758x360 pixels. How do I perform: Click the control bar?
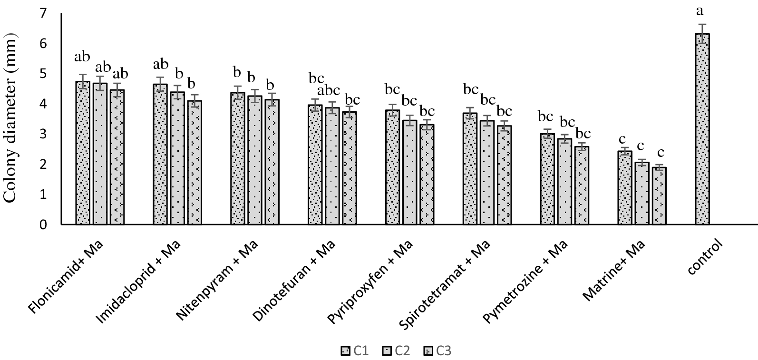click(702, 129)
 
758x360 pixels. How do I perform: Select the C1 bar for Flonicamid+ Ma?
click(83, 153)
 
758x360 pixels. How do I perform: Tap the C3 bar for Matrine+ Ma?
click(659, 195)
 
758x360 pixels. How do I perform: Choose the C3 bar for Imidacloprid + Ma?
click(194, 162)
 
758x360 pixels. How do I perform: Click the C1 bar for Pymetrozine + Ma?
click(547, 179)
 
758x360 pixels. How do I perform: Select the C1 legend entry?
click(355, 351)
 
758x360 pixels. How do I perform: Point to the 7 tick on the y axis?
click(44, 13)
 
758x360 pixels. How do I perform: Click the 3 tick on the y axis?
click(44, 134)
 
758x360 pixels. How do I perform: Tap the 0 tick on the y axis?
click(44, 224)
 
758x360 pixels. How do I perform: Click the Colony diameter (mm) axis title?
click(10, 119)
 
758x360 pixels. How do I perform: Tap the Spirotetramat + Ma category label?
click(445, 284)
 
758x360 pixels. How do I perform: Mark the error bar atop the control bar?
click(702, 34)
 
